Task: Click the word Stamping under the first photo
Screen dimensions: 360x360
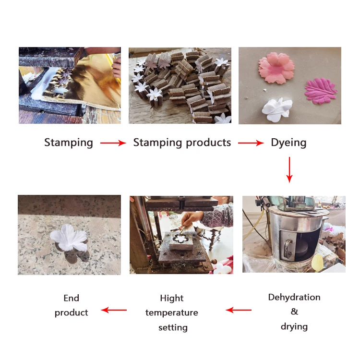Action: point(69,143)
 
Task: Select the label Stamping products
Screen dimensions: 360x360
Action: point(182,143)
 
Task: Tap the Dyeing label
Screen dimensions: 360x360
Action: point(288,143)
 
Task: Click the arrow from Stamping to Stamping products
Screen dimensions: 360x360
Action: point(113,143)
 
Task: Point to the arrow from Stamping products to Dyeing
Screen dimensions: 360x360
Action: point(251,143)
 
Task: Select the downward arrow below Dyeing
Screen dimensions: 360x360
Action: point(289,169)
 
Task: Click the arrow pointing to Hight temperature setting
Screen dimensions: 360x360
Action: point(239,310)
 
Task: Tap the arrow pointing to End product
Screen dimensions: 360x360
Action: point(114,310)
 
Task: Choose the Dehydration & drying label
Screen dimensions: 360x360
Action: point(294,312)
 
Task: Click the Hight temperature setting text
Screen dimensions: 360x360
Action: point(172,312)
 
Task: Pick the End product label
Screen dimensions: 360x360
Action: point(71,305)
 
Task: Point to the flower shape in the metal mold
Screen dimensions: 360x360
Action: point(180,239)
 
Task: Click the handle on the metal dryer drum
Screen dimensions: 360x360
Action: point(287,244)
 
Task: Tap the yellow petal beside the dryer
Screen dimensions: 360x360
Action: point(317,262)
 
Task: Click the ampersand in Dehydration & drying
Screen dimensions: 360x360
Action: point(294,312)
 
